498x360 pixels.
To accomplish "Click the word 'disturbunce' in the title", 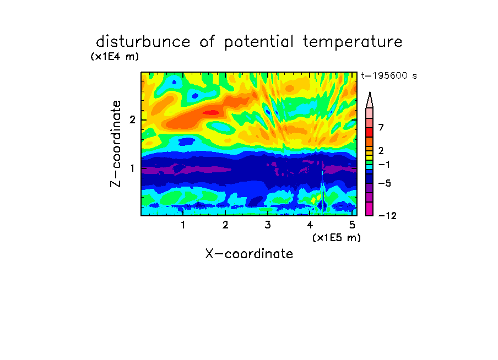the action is pyautogui.click(x=143, y=41).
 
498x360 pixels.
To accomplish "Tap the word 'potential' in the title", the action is pyautogui.click(x=259, y=42).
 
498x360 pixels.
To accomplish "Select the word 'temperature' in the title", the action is pyautogui.click(x=353, y=42).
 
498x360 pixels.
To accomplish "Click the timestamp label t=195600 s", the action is pyautogui.click(x=389, y=75).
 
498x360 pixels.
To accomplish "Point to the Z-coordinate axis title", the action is pyautogui.click(x=116, y=144).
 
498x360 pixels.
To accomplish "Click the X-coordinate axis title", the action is pyautogui.click(x=249, y=254).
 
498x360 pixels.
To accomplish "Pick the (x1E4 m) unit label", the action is pyautogui.click(x=115, y=57).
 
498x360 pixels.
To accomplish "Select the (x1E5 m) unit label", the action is pyautogui.click(x=337, y=237).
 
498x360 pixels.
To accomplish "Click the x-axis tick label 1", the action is pyautogui.click(x=183, y=225).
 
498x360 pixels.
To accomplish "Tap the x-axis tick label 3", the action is pyautogui.click(x=268, y=225).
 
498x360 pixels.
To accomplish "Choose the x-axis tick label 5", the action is pyautogui.click(x=352, y=225).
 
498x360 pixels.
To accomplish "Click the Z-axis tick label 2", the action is pyautogui.click(x=132, y=120).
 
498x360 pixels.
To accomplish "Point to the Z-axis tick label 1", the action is pyautogui.click(x=132, y=168).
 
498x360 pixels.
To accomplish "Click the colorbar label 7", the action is pyautogui.click(x=381, y=127).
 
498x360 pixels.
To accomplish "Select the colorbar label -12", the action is pyautogui.click(x=387, y=216).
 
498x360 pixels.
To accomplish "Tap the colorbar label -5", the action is pyautogui.click(x=385, y=183).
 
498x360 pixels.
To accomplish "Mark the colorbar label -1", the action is pyautogui.click(x=384, y=165).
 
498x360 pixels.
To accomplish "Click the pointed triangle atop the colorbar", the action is pyautogui.click(x=370, y=100).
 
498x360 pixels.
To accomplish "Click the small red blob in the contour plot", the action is pyautogui.click(x=211, y=112).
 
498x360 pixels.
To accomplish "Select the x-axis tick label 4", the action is pyautogui.click(x=310, y=225).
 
